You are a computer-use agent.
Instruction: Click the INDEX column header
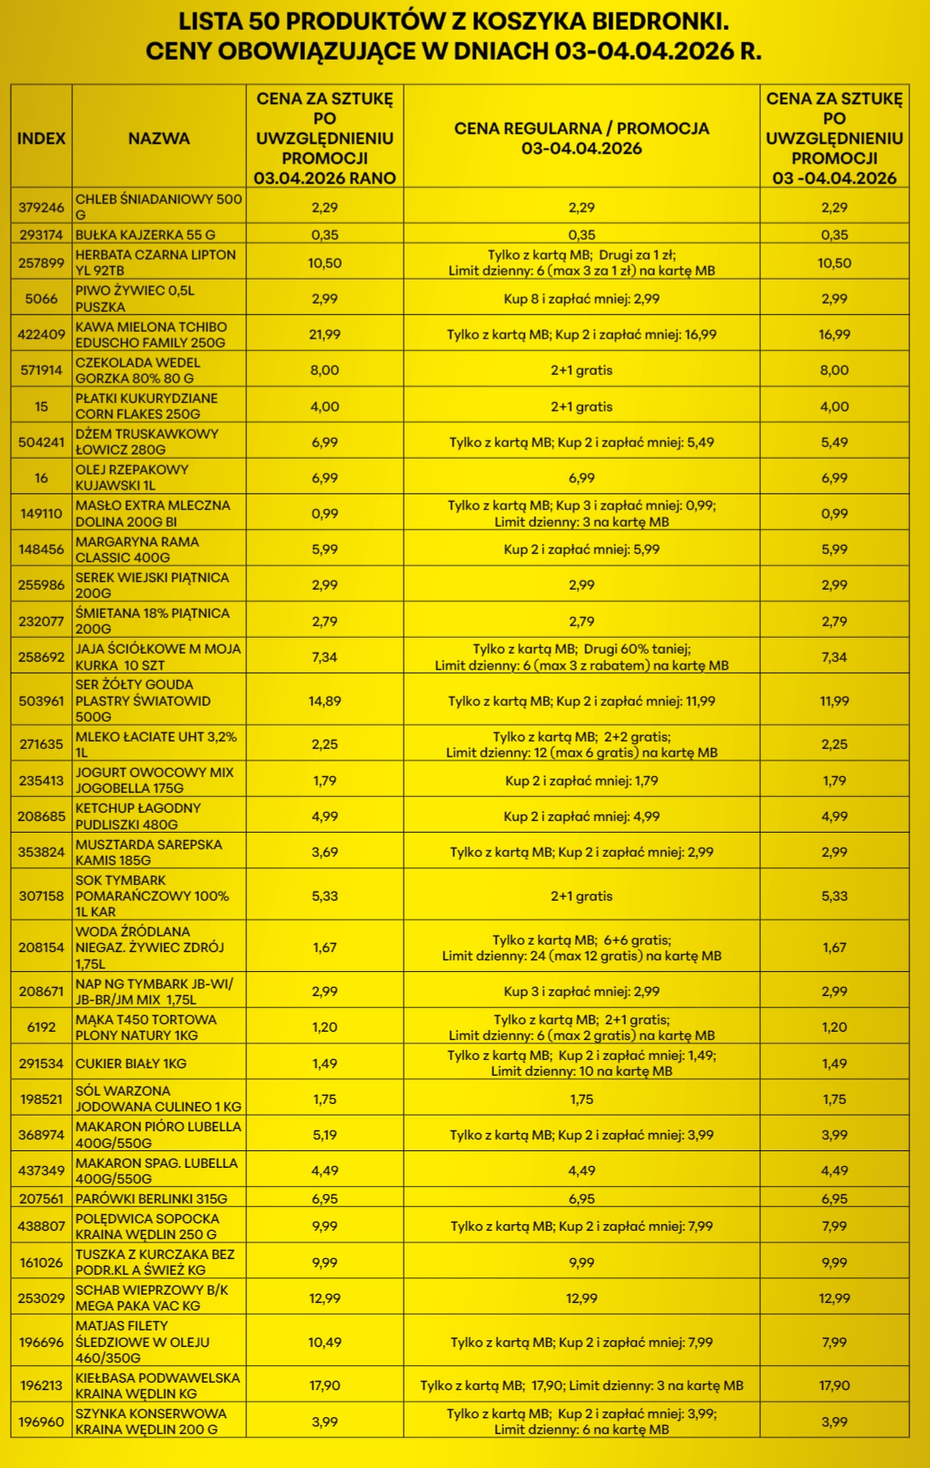click(41, 139)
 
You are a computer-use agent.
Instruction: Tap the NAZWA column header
click(158, 139)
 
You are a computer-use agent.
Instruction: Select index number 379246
click(41, 207)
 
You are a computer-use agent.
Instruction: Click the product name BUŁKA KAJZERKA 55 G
click(146, 235)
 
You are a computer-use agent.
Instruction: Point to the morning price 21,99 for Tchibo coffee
click(325, 334)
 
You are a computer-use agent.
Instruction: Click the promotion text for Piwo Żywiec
click(581, 299)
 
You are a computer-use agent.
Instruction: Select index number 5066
click(41, 299)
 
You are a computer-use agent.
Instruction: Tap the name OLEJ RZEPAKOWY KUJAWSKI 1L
click(132, 478)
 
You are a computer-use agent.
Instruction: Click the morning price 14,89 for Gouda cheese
click(325, 701)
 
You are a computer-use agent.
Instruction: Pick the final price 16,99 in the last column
click(834, 334)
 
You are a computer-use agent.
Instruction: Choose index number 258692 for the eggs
click(41, 657)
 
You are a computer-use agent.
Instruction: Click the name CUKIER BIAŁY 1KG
click(131, 1063)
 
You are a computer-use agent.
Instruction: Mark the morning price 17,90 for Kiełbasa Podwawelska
click(325, 1385)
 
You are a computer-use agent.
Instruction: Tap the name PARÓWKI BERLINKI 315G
click(151, 1198)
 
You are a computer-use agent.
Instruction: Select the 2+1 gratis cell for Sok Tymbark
click(581, 896)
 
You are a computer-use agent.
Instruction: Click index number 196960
click(41, 1422)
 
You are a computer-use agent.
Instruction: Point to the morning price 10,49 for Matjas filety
click(325, 1342)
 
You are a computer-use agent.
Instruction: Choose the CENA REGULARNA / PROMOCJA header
click(581, 139)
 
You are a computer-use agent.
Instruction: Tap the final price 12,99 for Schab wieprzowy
click(834, 1298)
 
